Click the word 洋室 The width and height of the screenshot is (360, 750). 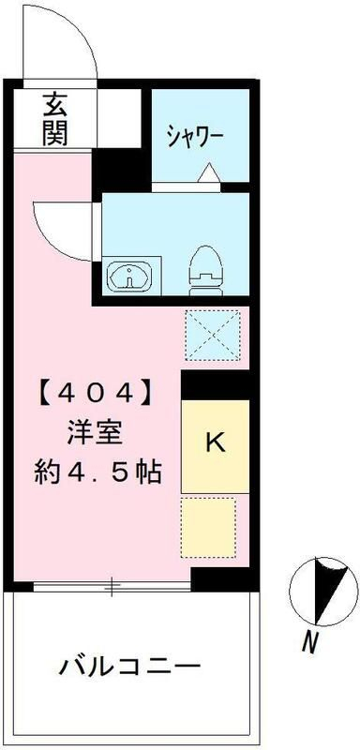click(92, 433)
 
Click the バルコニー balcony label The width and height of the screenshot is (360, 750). click(131, 669)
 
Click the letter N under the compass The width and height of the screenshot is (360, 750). click(307, 643)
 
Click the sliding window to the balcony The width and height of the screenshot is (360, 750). click(112, 588)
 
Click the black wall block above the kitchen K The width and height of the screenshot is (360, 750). click(215, 384)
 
